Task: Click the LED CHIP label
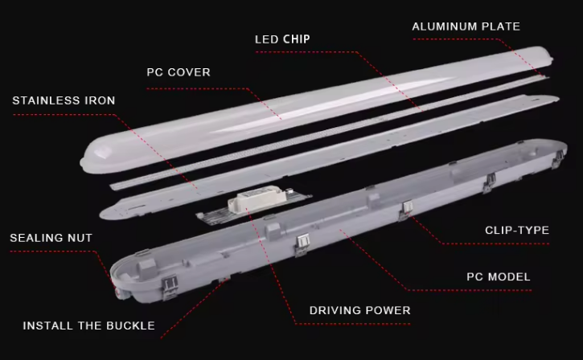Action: point(282,39)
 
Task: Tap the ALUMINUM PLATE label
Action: point(466,27)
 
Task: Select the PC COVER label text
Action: point(178,72)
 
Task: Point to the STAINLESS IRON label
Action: point(64,100)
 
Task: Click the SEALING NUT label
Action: point(51,238)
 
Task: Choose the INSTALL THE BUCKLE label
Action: point(88,326)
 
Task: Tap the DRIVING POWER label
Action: point(359,310)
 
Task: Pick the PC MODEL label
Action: point(498,277)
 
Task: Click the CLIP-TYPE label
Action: point(516,231)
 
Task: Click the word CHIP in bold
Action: point(296,39)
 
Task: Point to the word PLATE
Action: point(500,27)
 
